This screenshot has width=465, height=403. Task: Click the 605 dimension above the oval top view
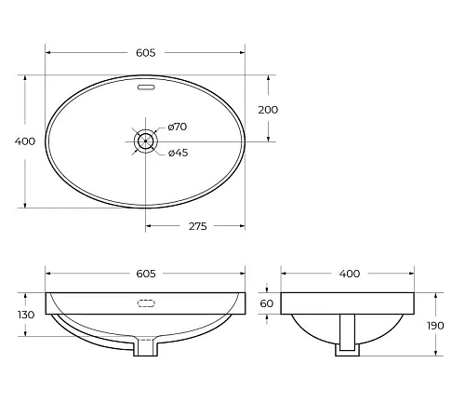pyautogui.click(x=145, y=43)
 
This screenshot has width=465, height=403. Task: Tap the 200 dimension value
pyautogui.click(x=268, y=109)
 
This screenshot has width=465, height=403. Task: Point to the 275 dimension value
pyautogui.click(x=196, y=225)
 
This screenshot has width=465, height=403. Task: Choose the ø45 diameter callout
pyautogui.click(x=178, y=153)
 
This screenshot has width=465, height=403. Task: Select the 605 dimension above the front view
pyautogui.click(x=145, y=274)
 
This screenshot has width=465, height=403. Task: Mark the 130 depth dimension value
pyautogui.click(x=25, y=315)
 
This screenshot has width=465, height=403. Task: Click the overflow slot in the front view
pyautogui.click(x=145, y=303)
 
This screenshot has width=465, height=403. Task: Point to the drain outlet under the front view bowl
pyautogui.click(x=145, y=348)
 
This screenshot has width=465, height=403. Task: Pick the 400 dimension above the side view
pyautogui.click(x=349, y=274)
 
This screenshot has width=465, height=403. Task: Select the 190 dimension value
pyautogui.click(x=450, y=326)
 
